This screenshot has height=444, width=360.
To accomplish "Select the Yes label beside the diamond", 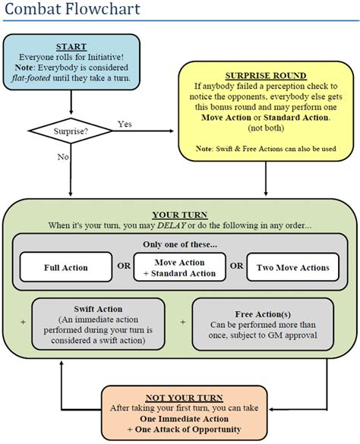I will click(x=126, y=123).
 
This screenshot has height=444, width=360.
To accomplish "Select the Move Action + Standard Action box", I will click(x=179, y=267).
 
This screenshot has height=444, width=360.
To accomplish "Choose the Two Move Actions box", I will click(x=292, y=267).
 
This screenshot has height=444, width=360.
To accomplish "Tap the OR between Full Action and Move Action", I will click(x=122, y=267).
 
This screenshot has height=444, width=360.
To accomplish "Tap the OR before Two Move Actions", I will click(x=237, y=267).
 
